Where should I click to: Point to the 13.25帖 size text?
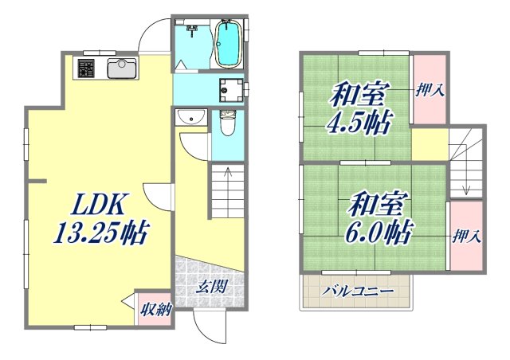click(100, 233)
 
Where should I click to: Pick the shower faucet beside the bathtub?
click(192, 30)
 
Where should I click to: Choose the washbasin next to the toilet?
click(190, 119)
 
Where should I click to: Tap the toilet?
click(227, 123)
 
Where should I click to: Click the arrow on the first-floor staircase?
click(228, 178)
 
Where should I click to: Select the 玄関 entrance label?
click(209, 286)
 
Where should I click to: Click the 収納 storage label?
click(153, 310)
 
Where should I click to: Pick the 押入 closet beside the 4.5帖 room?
click(430, 89)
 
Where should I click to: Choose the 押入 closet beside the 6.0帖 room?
click(466, 236)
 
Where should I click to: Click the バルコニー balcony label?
click(358, 292)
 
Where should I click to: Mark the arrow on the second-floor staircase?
click(467, 180)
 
